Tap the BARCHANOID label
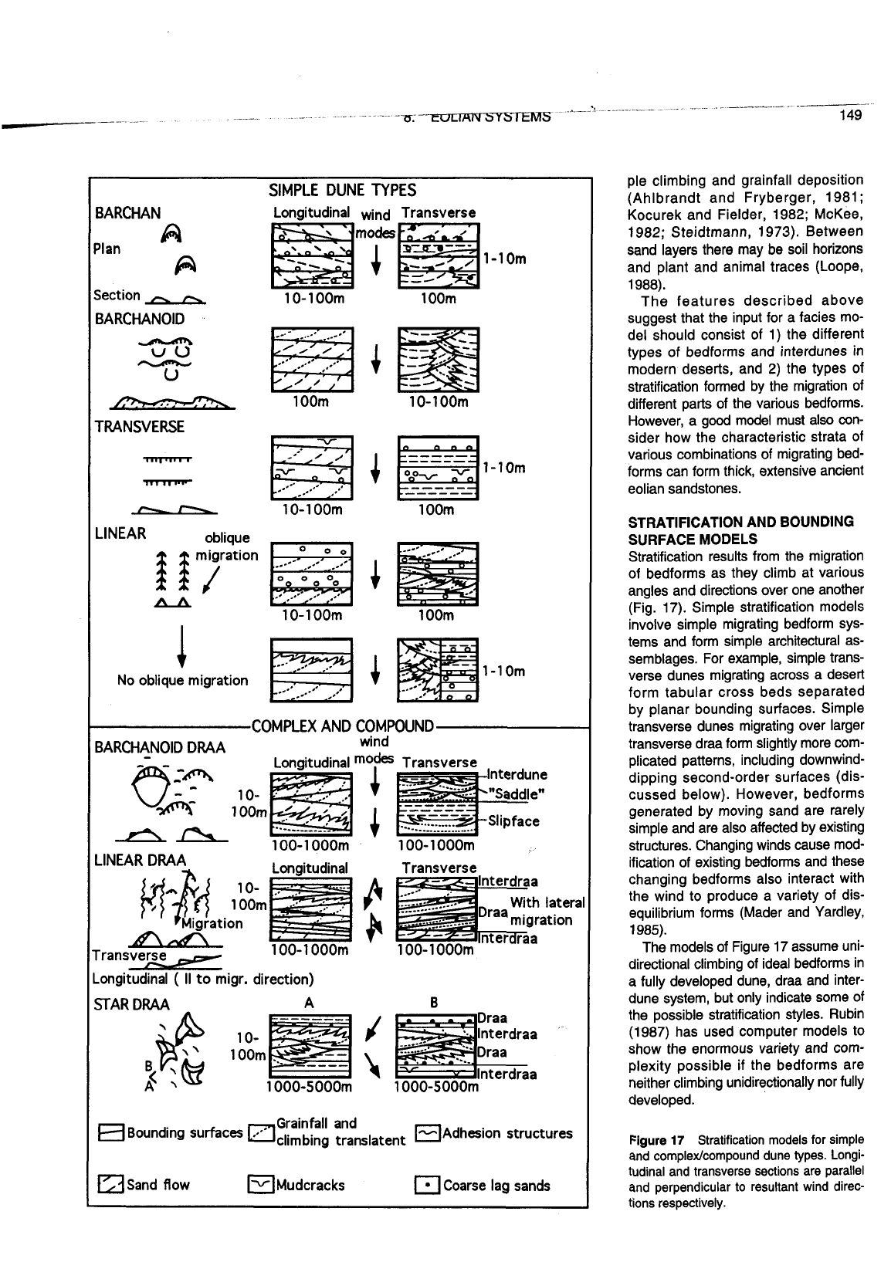point(139,319)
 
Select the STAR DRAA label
point(131,1004)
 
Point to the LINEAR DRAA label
point(140,860)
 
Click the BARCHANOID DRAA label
point(160,747)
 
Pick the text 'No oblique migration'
point(182,680)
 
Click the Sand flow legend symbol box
point(107,1185)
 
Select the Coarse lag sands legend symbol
point(427,1185)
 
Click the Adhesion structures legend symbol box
point(427,1133)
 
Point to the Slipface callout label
point(514,821)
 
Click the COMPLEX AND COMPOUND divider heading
point(343,726)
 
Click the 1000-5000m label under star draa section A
point(308,1088)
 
